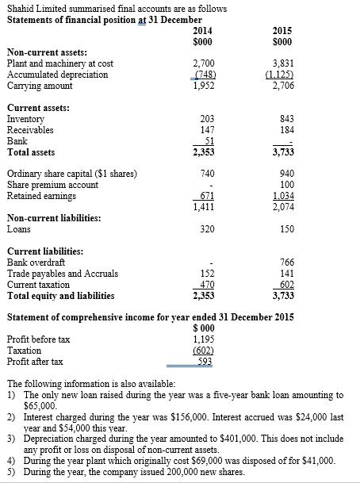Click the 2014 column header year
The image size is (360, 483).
pyautogui.click(x=204, y=29)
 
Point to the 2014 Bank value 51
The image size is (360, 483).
pyautogui.click(x=208, y=140)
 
